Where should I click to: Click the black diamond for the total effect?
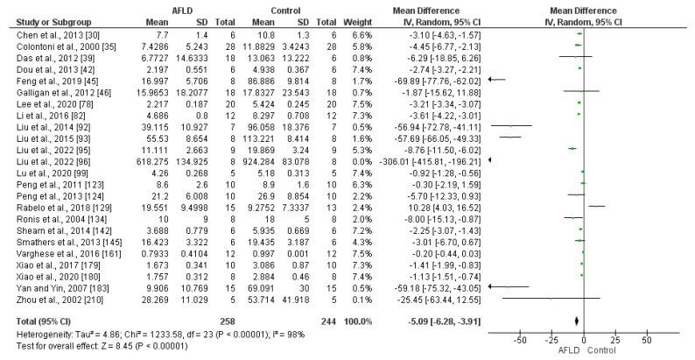coord(577,321)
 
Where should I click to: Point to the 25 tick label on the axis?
coord(615,339)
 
